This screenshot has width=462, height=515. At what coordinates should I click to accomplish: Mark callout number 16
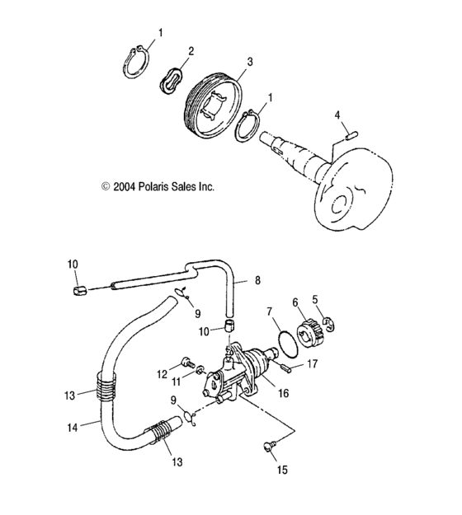coord(283,394)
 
